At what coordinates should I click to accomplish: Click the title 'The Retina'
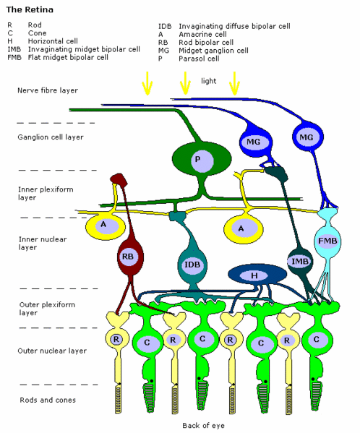click(30, 9)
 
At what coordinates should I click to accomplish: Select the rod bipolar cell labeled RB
click(130, 257)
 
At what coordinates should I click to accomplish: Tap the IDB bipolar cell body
click(192, 265)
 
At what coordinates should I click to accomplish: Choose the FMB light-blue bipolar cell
click(327, 241)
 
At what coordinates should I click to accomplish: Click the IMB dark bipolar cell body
click(299, 262)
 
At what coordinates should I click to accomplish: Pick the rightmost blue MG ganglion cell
click(307, 137)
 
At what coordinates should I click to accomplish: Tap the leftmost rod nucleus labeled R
click(116, 339)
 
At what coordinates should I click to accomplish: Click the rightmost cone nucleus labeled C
click(317, 339)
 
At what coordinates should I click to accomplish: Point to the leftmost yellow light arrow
click(147, 83)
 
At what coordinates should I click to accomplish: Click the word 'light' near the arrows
click(208, 81)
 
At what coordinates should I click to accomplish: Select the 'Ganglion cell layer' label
click(51, 137)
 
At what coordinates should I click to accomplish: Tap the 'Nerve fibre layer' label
click(48, 90)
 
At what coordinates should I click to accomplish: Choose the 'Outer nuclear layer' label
click(52, 351)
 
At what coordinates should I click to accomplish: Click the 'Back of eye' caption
click(203, 425)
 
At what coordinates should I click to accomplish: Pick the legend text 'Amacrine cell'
click(202, 35)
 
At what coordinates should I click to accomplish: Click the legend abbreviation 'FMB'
click(14, 57)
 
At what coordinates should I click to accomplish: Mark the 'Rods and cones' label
click(48, 400)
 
